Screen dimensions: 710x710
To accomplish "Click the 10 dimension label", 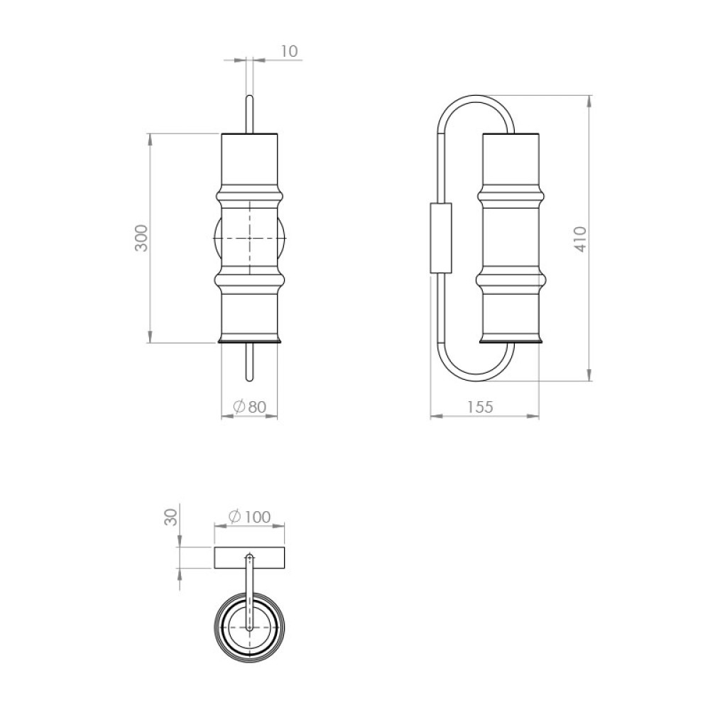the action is click(290, 51).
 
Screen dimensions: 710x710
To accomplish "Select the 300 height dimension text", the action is click(141, 238).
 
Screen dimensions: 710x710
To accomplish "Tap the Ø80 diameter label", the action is click(249, 407).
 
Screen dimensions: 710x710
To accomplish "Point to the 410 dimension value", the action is click(580, 239).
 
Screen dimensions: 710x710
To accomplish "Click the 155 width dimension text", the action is click(480, 407).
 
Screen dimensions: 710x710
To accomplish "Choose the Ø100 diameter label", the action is click(249, 517).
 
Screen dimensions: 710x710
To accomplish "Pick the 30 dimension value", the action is click(170, 517).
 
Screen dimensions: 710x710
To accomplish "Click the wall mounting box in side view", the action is click(441, 238).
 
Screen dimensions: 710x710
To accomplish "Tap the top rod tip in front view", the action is click(249, 96).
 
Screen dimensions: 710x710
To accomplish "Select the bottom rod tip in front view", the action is click(249, 379).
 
